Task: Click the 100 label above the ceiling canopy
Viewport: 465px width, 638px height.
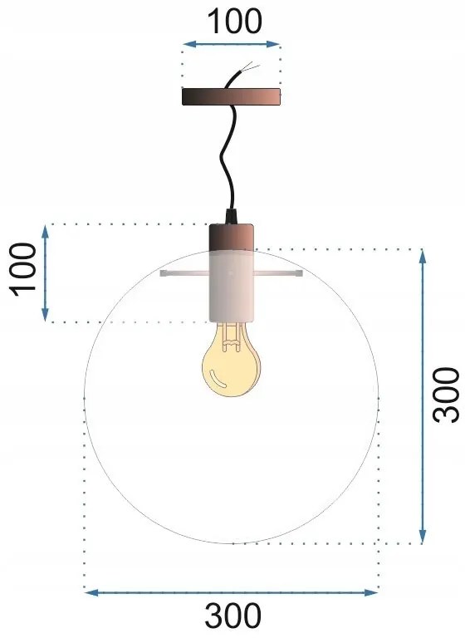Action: [x=232, y=21]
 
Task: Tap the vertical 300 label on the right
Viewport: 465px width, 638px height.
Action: [x=446, y=395]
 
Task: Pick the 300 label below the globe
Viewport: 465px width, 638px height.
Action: [x=232, y=616]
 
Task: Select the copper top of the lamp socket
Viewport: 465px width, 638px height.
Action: [x=232, y=238]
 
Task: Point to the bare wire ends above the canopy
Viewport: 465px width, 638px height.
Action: [x=249, y=68]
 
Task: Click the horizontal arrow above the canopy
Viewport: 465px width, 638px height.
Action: [x=232, y=43]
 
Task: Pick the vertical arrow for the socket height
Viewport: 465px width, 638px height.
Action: [x=46, y=272]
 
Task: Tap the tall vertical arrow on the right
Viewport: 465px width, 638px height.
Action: [x=423, y=395]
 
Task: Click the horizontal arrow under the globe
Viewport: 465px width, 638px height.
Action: [x=232, y=592]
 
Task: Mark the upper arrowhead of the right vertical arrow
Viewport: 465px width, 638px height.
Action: [x=423, y=254]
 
